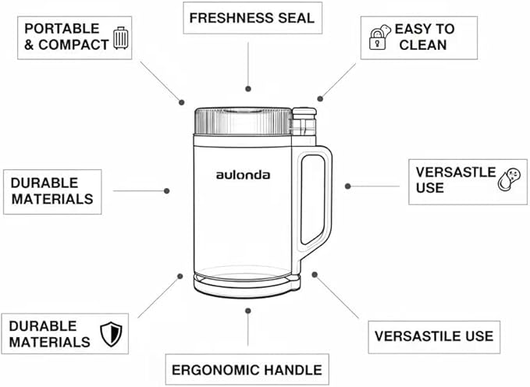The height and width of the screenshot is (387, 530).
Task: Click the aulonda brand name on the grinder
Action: (243, 175)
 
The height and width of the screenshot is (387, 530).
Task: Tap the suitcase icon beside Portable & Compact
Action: (120, 37)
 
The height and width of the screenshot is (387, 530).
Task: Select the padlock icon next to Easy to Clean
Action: (379, 37)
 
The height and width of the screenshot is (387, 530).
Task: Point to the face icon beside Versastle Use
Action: (510, 179)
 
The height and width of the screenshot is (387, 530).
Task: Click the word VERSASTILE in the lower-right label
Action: (414, 336)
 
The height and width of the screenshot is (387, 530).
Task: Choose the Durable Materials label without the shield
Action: (52, 190)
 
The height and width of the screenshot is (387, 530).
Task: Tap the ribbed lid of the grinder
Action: (242, 121)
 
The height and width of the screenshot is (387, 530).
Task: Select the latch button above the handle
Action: (304, 119)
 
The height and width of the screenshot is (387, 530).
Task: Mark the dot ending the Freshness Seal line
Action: (248, 89)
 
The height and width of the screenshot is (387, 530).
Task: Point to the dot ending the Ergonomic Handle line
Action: (248, 310)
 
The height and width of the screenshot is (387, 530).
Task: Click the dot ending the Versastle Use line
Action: (348, 186)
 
